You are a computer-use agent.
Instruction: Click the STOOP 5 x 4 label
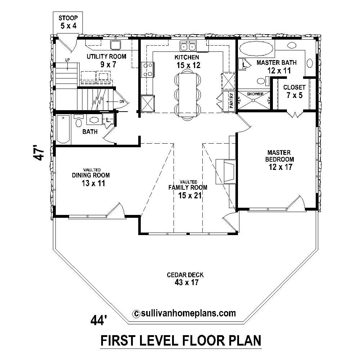[68, 22]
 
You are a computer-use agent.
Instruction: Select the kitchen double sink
[188, 46]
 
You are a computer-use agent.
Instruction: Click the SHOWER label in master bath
[255, 94]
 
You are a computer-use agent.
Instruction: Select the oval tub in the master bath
[256, 48]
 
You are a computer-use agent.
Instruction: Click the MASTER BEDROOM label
[279, 156]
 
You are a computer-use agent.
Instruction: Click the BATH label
[90, 132]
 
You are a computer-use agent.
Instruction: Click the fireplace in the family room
[226, 171]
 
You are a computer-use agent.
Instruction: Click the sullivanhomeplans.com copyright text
[185, 313]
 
